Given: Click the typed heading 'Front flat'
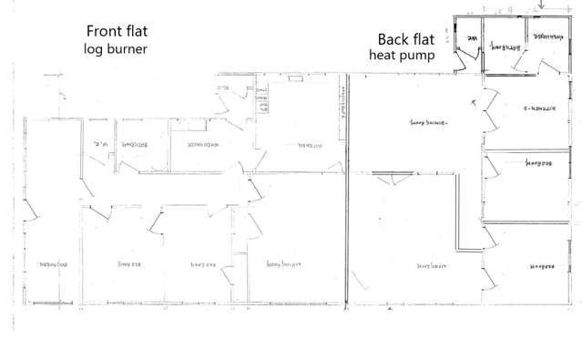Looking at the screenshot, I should [116, 31].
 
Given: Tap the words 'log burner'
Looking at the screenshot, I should [116, 47].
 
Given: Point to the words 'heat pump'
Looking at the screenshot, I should [402, 56].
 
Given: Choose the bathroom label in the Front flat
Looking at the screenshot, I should [137, 144].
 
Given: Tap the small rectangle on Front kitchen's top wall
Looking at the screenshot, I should [295, 79].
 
